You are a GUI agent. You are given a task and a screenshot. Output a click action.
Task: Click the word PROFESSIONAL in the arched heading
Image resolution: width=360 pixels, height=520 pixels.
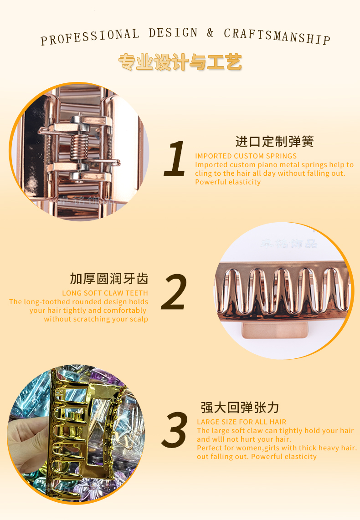pyautogui.click(x=90, y=36)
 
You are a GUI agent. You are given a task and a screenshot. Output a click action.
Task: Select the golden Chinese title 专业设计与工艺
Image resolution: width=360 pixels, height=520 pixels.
pyautogui.click(x=180, y=62)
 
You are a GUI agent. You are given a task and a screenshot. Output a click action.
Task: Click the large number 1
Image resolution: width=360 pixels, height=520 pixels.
pyautogui.click(x=175, y=158)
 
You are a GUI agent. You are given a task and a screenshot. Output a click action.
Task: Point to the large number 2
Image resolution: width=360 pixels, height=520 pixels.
pyautogui.click(x=174, y=292)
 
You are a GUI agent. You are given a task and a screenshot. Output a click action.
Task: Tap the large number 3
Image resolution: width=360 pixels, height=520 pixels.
pyautogui.click(x=175, y=429)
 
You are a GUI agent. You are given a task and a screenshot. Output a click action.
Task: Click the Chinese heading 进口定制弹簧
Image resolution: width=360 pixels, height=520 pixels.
pyautogui.click(x=274, y=142)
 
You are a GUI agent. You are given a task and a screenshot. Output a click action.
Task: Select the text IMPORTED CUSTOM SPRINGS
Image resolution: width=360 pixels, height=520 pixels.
pyautogui.click(x=246, y=156)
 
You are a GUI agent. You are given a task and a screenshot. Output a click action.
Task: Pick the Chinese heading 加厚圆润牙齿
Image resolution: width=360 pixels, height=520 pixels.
pyautogui.click(x=109, y=279)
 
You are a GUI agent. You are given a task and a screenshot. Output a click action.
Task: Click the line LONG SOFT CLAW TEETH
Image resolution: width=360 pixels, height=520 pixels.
pyautogui.click(x=105, y=293)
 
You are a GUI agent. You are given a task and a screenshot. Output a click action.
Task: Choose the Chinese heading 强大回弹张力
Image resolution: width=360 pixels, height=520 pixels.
pyautogui.click(x=240, y=408)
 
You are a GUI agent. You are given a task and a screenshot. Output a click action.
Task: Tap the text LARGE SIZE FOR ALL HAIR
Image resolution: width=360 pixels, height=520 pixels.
pyautogui.click(x=242, y=422)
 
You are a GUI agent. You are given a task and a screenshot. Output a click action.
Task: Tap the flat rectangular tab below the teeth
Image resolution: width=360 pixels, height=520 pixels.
pyautogui.click(x=275, y=330)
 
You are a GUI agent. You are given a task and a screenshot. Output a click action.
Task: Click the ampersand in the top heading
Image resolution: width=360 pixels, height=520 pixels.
pyautogui.click(x=210, y=32)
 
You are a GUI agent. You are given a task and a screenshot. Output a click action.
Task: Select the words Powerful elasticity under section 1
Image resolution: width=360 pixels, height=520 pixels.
pyautogui.click(x=228, y=182)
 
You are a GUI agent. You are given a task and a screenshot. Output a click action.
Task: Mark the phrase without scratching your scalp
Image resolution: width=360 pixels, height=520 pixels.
pyautogui.click(x=96, y=319)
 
